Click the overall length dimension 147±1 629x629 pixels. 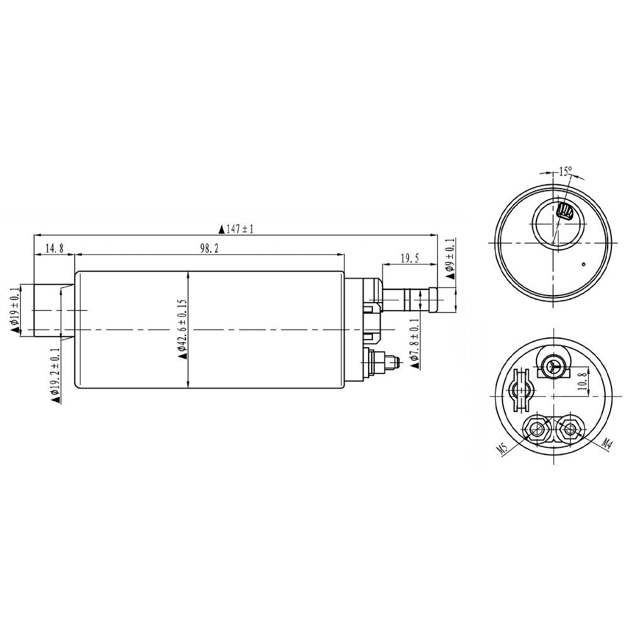point(236,230)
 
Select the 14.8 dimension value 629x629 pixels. point(53,248)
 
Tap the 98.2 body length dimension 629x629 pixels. point(208,248)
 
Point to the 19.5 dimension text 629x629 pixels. point(409,259)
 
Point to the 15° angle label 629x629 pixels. point(564,171)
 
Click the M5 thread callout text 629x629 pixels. point(501,448)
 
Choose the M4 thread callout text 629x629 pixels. point(606,444)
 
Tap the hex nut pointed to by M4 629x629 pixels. point(570,428)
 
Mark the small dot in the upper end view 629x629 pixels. point(584,265)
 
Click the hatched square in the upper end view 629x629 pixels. point(565,212)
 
